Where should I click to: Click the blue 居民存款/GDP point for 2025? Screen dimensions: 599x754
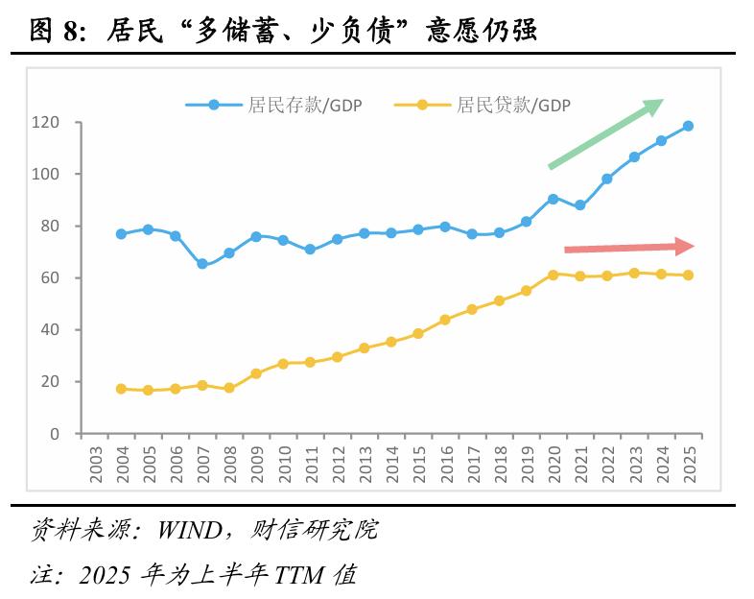[x=688, y=126]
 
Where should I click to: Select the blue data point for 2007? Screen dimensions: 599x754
[x=201, y=264]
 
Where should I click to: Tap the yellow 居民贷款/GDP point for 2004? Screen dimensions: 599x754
[x=121, y=389]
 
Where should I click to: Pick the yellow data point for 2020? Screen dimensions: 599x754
[x=553, y=275]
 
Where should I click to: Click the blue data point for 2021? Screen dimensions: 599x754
[x=579, y=205]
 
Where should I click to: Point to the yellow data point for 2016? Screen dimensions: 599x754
[x=445, y=320]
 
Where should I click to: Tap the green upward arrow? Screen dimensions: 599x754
[x=605, y=133]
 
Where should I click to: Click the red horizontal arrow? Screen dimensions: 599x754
[x=628, y=248]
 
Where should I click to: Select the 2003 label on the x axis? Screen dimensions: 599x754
[x=94, y=466]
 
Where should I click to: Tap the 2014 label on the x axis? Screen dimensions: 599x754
[x=391, y=466]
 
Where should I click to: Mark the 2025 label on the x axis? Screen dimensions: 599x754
[x=689, y=466]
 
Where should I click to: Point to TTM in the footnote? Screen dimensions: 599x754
[x=298, y=576]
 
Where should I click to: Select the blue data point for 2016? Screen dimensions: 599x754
[x=445, y=227]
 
